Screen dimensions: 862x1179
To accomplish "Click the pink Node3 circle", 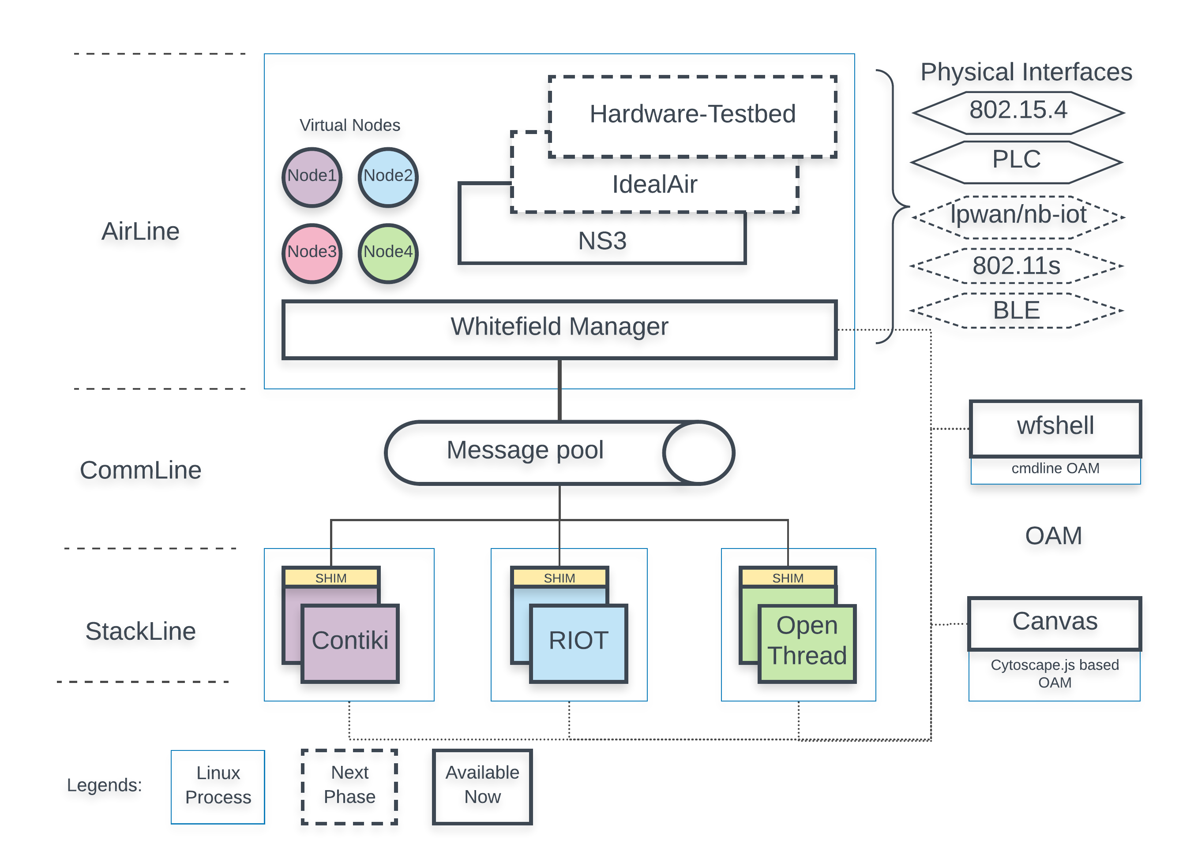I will point(312,253).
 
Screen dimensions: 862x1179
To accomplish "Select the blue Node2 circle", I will point(388,177).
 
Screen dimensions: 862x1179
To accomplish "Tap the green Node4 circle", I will point(388,253).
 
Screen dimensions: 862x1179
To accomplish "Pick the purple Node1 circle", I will point(312,177).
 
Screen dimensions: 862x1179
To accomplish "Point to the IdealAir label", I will point(654,185).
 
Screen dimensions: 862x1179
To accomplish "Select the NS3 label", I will point(602,241).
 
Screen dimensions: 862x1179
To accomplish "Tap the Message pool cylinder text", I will point(525,451).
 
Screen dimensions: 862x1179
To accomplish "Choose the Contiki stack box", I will point(350,642).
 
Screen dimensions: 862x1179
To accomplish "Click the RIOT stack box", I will point(578,642).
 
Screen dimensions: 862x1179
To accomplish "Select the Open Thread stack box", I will point(807,642).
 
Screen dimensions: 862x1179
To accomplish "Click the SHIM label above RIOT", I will point(559,578).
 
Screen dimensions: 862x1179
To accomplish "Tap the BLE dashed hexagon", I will point(1016,310).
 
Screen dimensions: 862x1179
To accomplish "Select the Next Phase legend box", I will point(349,786).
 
